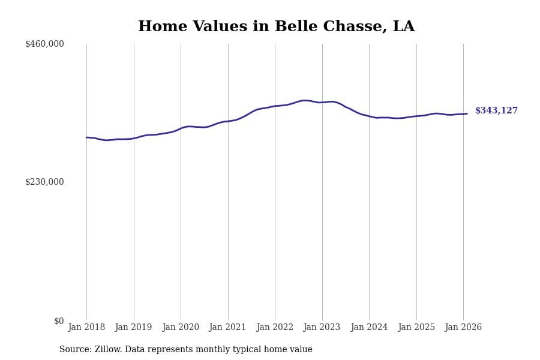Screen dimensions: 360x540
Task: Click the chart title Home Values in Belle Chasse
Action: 276,27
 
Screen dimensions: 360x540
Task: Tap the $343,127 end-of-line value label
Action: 496,111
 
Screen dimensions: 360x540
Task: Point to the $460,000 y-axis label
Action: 44,44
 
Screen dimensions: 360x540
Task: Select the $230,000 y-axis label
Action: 44,182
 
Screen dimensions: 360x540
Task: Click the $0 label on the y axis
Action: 59,321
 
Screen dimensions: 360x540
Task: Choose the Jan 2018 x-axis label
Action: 86,328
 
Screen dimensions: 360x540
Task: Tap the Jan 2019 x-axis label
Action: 134,328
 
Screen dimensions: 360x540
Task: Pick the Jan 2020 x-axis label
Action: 181,328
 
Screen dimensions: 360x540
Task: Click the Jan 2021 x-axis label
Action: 228,328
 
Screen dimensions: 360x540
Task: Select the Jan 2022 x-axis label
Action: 275,328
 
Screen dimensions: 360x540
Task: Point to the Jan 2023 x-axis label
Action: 322,328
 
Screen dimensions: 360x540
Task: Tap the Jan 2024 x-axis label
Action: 369,328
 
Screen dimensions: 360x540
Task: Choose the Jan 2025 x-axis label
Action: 416,328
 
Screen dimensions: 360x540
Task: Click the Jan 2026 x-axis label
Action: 463,328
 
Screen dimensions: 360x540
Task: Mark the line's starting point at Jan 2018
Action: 86,137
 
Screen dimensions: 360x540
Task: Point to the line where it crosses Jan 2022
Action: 275,106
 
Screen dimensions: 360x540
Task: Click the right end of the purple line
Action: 467,113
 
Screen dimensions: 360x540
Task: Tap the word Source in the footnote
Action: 75,350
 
